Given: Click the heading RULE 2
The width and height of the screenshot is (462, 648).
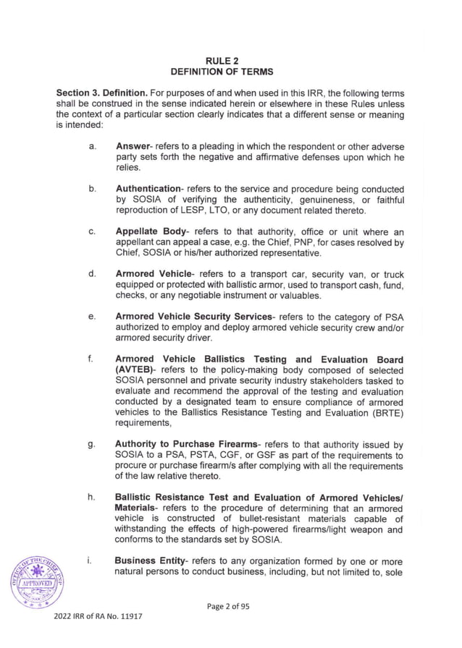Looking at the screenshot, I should pyautogui.click(x=230, y=61).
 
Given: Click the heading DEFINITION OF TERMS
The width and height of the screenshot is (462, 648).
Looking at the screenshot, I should pyautogui.click(x=230, y=72).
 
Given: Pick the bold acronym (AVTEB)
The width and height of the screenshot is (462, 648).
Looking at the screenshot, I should pyautogui.click(x=137, y=370).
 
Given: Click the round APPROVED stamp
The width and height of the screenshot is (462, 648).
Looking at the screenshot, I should pyautogui.click(x=36, y=584).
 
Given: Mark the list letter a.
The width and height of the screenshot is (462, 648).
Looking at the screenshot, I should pyautogui.click(x=92, y=147).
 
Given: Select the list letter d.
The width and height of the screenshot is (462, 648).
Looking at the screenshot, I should pyautogui.click(x=92, y=274).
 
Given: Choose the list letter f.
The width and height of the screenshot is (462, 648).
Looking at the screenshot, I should pyautogui.click(x=91, y=359).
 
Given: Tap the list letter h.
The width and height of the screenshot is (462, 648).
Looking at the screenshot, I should pyautogui.click(x=92, y=498).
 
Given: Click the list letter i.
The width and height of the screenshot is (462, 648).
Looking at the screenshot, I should pyautogui.click(x=91, y=561).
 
